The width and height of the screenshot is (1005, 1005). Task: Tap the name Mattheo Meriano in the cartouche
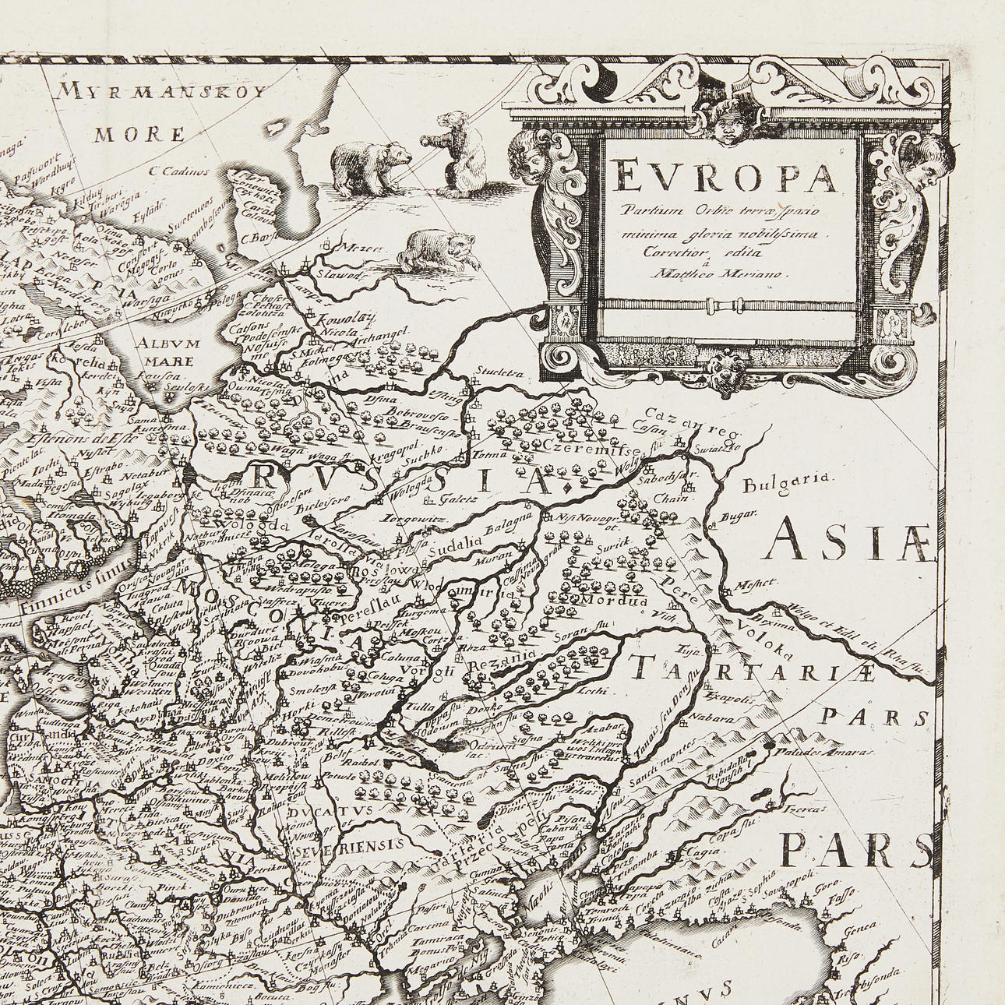click(x=721, y=273)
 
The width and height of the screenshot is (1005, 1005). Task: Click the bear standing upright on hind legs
click(x=459, y=153)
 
